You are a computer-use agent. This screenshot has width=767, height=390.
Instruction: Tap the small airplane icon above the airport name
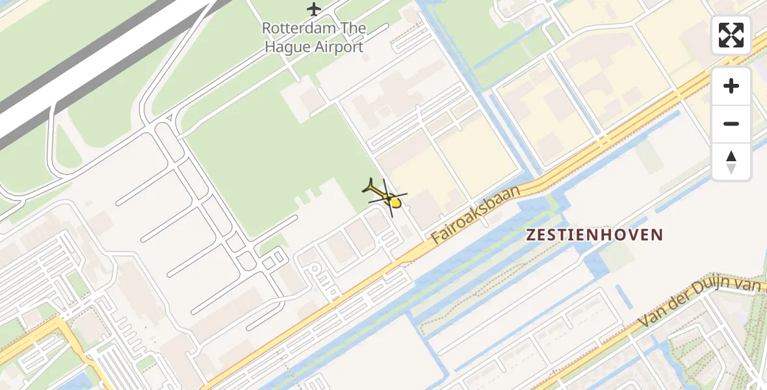(314, 9)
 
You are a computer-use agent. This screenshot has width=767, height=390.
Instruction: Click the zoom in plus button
(731, 86)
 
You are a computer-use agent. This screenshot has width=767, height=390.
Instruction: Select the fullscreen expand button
(731, 35)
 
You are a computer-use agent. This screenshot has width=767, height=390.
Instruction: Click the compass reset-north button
(731, 162)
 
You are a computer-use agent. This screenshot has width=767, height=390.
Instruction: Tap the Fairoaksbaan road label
(476, 215)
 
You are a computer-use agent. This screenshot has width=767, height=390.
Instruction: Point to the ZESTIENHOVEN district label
(595, 235)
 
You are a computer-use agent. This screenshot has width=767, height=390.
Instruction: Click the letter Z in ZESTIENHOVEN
(531, 235)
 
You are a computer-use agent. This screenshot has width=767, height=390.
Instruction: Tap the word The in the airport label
(351, 29)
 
